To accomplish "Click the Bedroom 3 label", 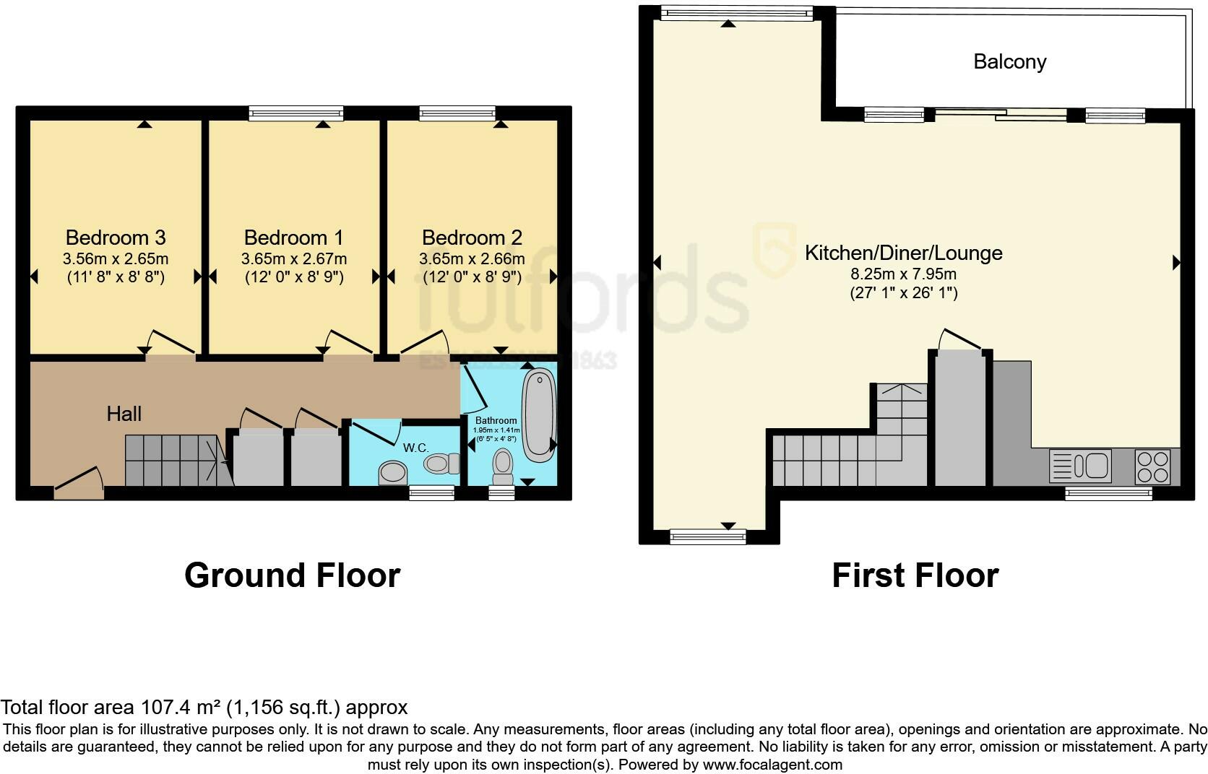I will point(116,238).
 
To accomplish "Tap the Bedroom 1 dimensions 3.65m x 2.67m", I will point(293,258).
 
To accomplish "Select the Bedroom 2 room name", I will point(472,238).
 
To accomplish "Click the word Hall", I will point(124,414).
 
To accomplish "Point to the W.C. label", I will point(416,448).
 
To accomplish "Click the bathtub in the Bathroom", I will point(538,414).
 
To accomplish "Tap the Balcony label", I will point(1009,61).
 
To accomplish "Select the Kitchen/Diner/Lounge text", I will point(903,253).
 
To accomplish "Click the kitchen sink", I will point(1080,466).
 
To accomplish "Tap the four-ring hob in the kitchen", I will point(1152,466).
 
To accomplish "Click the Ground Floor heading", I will point(292,575).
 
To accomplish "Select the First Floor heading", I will point(915,575).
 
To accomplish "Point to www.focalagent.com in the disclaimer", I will point(772,764).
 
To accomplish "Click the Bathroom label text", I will point(496,420).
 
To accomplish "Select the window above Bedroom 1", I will point(296,113).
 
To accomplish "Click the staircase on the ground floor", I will point(173,460).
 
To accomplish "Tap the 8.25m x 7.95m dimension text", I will point(903,274).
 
